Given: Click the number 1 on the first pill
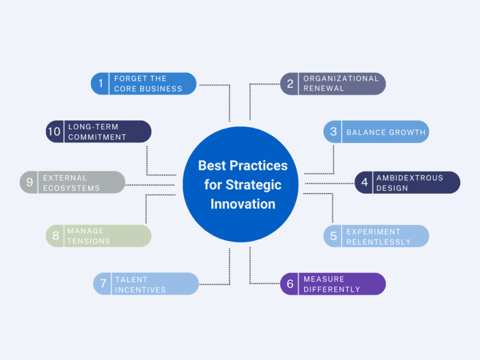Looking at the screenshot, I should pyautogui.click(x=101, y=84).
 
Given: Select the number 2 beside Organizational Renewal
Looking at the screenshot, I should pyautogui.click(x=290, y=84).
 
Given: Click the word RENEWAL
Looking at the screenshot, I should pyautogui.click(x=323, y=89).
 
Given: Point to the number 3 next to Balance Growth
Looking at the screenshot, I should pyautogui.click(x=334, y=132).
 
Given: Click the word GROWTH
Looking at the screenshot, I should pyautogui.click(x=407, y=132).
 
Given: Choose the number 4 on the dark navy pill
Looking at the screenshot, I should pyautogui.click(x=365, y=183).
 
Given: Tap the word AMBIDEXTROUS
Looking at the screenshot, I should pyautogui.click(x=410, y=177).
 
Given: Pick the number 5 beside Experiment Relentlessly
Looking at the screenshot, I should pyautogui.click(x=334, y=236).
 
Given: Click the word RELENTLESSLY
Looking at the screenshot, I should pyautogui.click(x=378, y=242).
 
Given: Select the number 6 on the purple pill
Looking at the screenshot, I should pyautogui.click(x=290, y=284).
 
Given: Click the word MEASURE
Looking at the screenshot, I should pyautogui.click(x=324, y=279).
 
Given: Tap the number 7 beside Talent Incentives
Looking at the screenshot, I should pyautogui.click(x=103, y=284).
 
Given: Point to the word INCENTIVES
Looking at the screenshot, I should pyautogui.click(x=141, y=289).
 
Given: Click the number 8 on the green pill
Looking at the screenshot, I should pyautogui.click(x=56, y=236).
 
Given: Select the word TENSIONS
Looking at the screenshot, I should pyautogui.click(x=89, y=241).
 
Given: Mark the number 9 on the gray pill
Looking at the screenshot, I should pyautogui.click(x=30, y=183).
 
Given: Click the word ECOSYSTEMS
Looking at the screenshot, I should pyautogui.click(x=71, y=188).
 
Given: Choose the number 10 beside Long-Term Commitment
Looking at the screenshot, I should pyautogui.click(x=54, y=132).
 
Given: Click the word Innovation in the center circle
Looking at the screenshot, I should pyautogui.click(x=243, y=203).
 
